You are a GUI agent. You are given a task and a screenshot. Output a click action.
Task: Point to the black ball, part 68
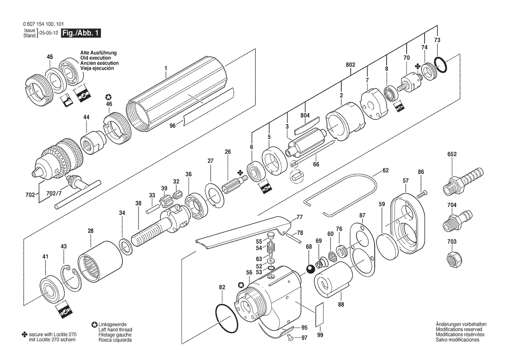(x=310, y=268)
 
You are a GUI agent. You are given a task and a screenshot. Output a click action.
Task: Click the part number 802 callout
(x=351, y=65)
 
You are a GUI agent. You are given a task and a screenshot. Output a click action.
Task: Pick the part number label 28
(x=91, y=231)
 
